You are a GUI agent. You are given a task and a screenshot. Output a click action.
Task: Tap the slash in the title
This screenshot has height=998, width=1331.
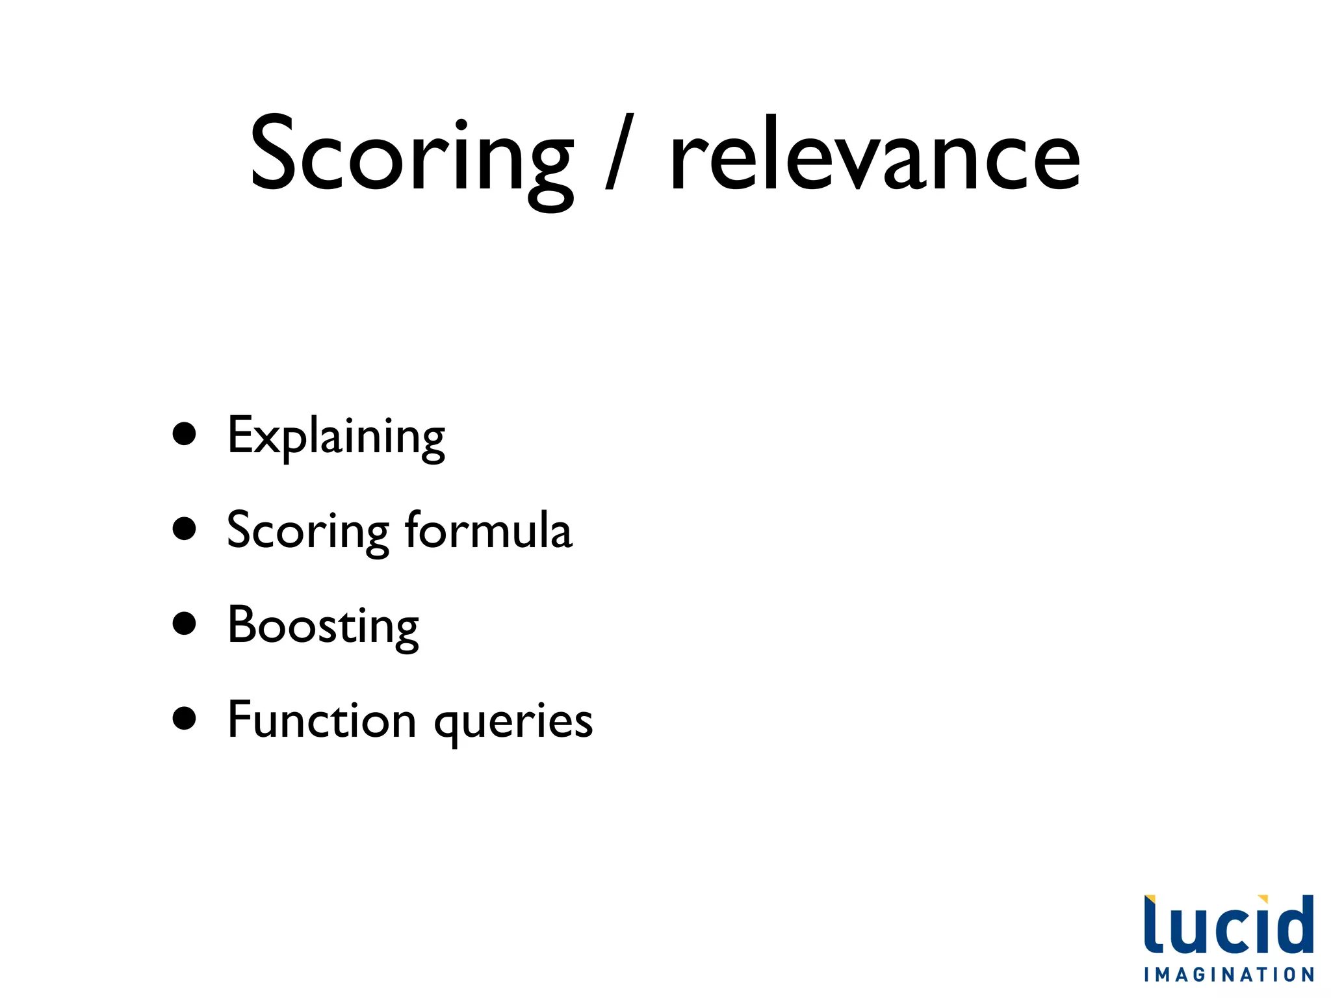point(619,152)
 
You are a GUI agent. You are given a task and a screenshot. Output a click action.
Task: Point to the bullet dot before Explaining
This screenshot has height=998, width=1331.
point(185,434)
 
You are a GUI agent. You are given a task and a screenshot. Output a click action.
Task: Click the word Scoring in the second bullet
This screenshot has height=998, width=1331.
point(307,531)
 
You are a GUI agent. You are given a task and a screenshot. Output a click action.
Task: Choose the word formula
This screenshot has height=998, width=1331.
point(488,530)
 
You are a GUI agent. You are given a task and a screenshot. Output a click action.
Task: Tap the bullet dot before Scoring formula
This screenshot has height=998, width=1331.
point(185,529)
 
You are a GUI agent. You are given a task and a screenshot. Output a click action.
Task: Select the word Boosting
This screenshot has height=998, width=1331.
point(323,626)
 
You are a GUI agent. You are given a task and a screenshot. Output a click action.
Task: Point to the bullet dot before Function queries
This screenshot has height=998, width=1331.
point(185,719)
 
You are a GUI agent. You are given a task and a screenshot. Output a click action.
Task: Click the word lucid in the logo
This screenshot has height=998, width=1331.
point(1228,926)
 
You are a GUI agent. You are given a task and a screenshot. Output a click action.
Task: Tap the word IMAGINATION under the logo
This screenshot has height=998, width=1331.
point(1228,975)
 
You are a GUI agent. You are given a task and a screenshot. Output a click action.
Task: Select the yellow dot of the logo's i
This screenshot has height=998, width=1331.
point(1263,899)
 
